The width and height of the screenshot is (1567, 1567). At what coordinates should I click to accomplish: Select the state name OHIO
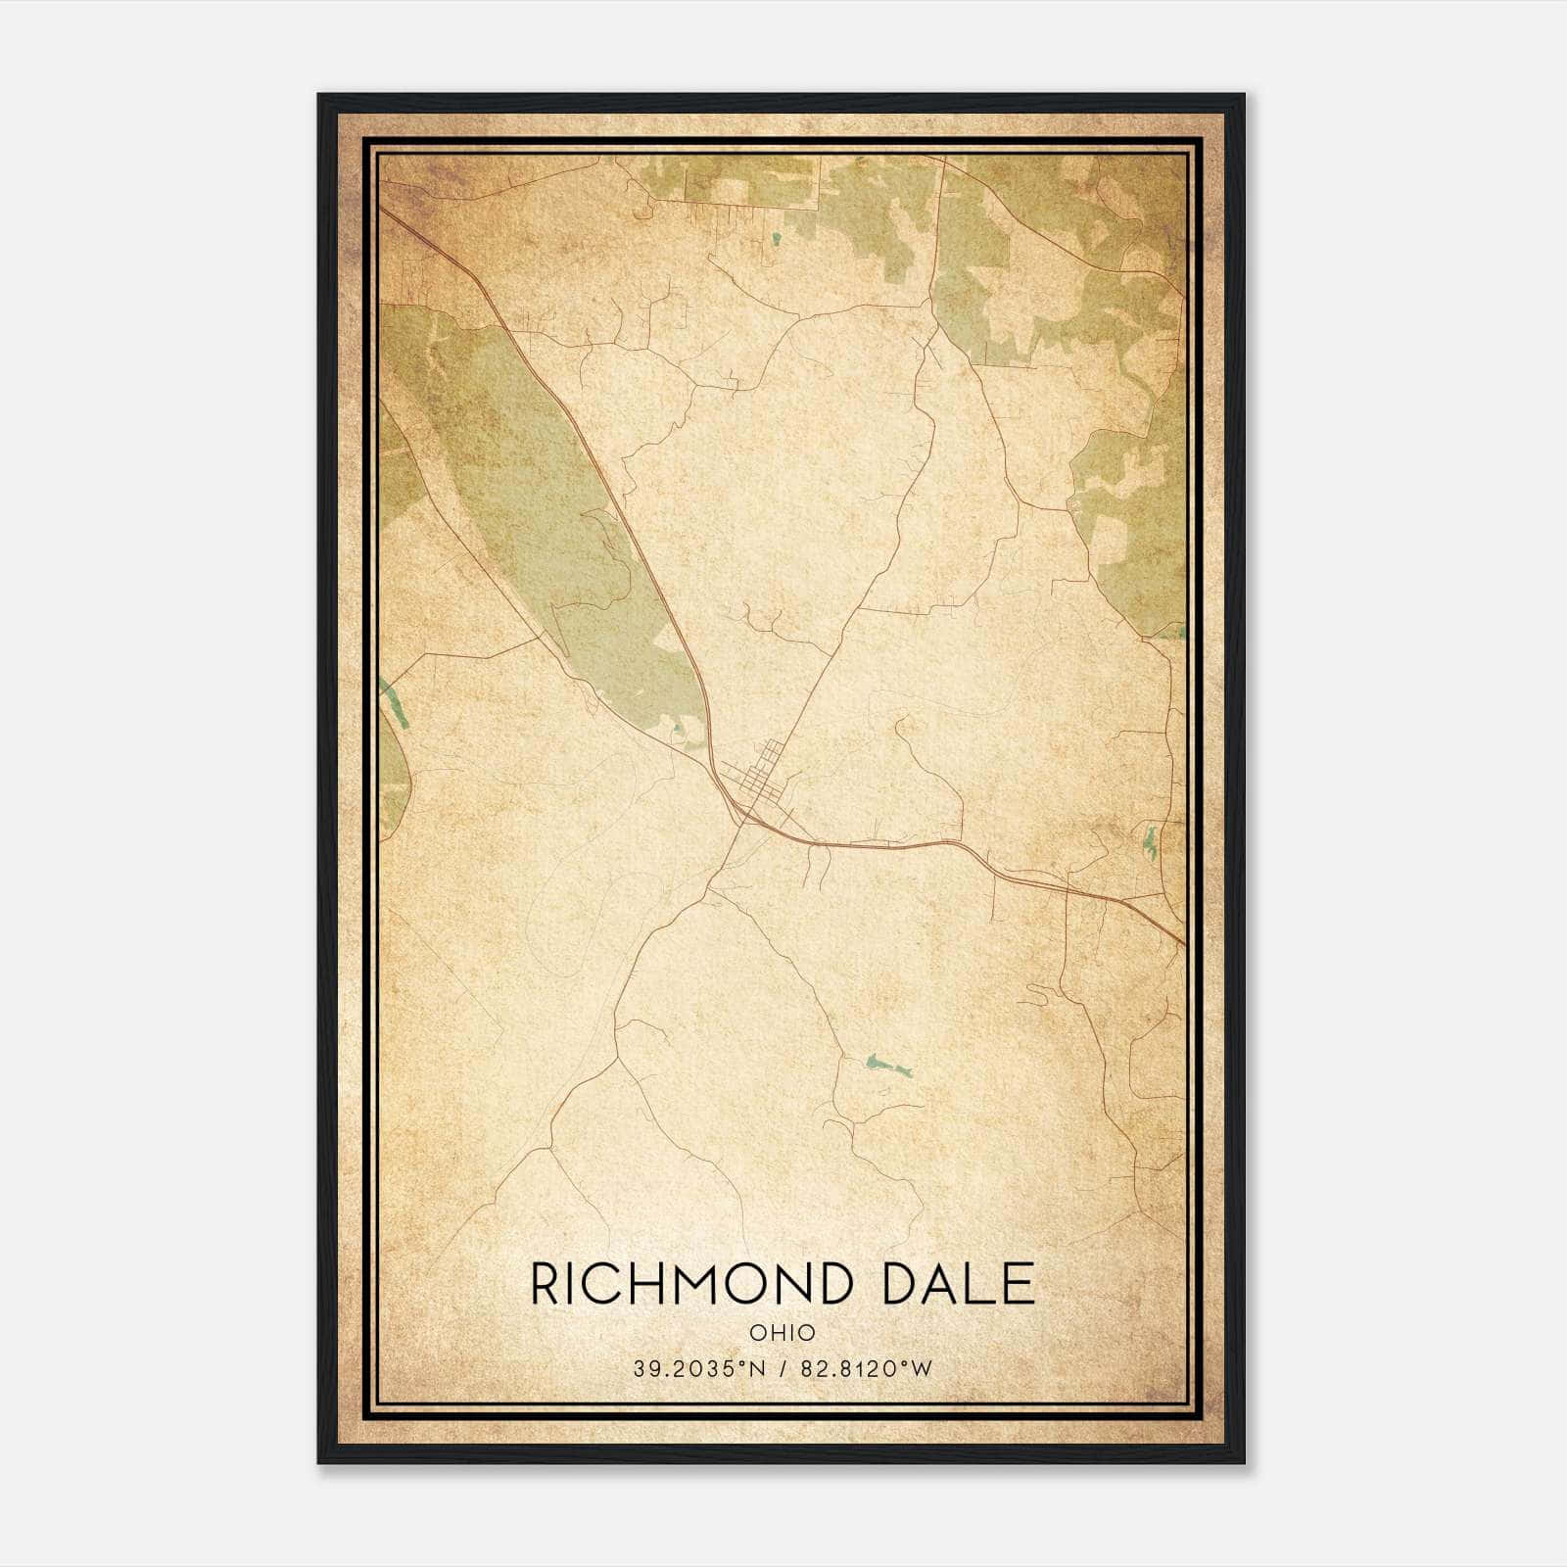[x=783, y=1333]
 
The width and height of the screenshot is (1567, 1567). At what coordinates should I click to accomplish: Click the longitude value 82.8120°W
[x=867, y=1369]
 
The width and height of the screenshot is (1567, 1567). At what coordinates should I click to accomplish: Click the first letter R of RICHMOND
[x=545, y=1285]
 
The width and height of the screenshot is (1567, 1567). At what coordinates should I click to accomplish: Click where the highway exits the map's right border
[x=1183, y=943]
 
